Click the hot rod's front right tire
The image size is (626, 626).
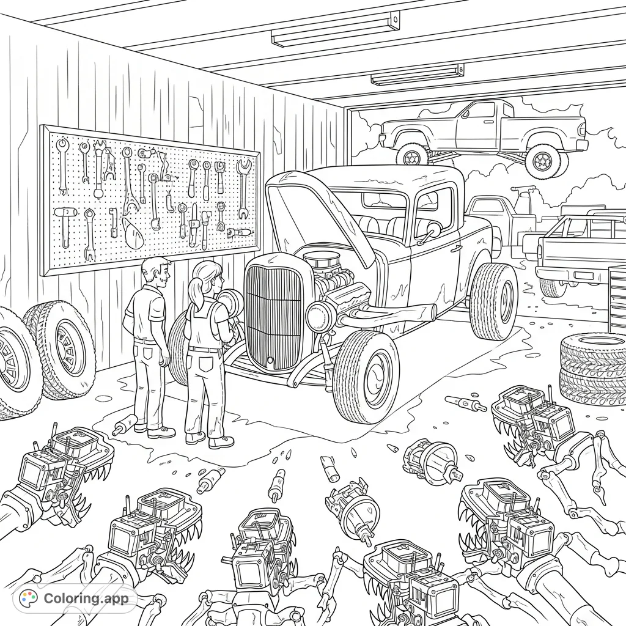366,376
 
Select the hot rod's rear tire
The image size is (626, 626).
493,301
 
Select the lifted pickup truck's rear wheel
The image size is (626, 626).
542,160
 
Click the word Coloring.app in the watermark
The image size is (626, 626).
86,598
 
